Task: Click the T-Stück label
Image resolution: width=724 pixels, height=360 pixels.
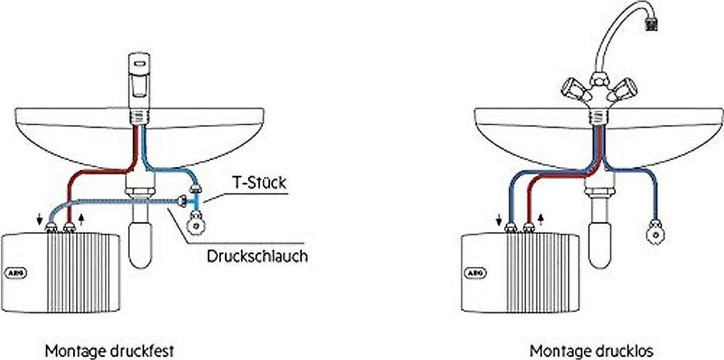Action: click(x=259, y=182)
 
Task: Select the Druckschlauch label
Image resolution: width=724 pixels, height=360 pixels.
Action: click(x=257, y=256)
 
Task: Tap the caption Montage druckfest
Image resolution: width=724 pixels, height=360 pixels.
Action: click(x=110, y=350)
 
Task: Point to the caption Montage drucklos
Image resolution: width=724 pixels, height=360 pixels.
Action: click(x=591, y=350)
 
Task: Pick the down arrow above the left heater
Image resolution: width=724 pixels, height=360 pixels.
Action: click(x=40, y=220)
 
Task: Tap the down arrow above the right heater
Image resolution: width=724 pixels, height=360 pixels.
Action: click(x=499, y=220)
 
